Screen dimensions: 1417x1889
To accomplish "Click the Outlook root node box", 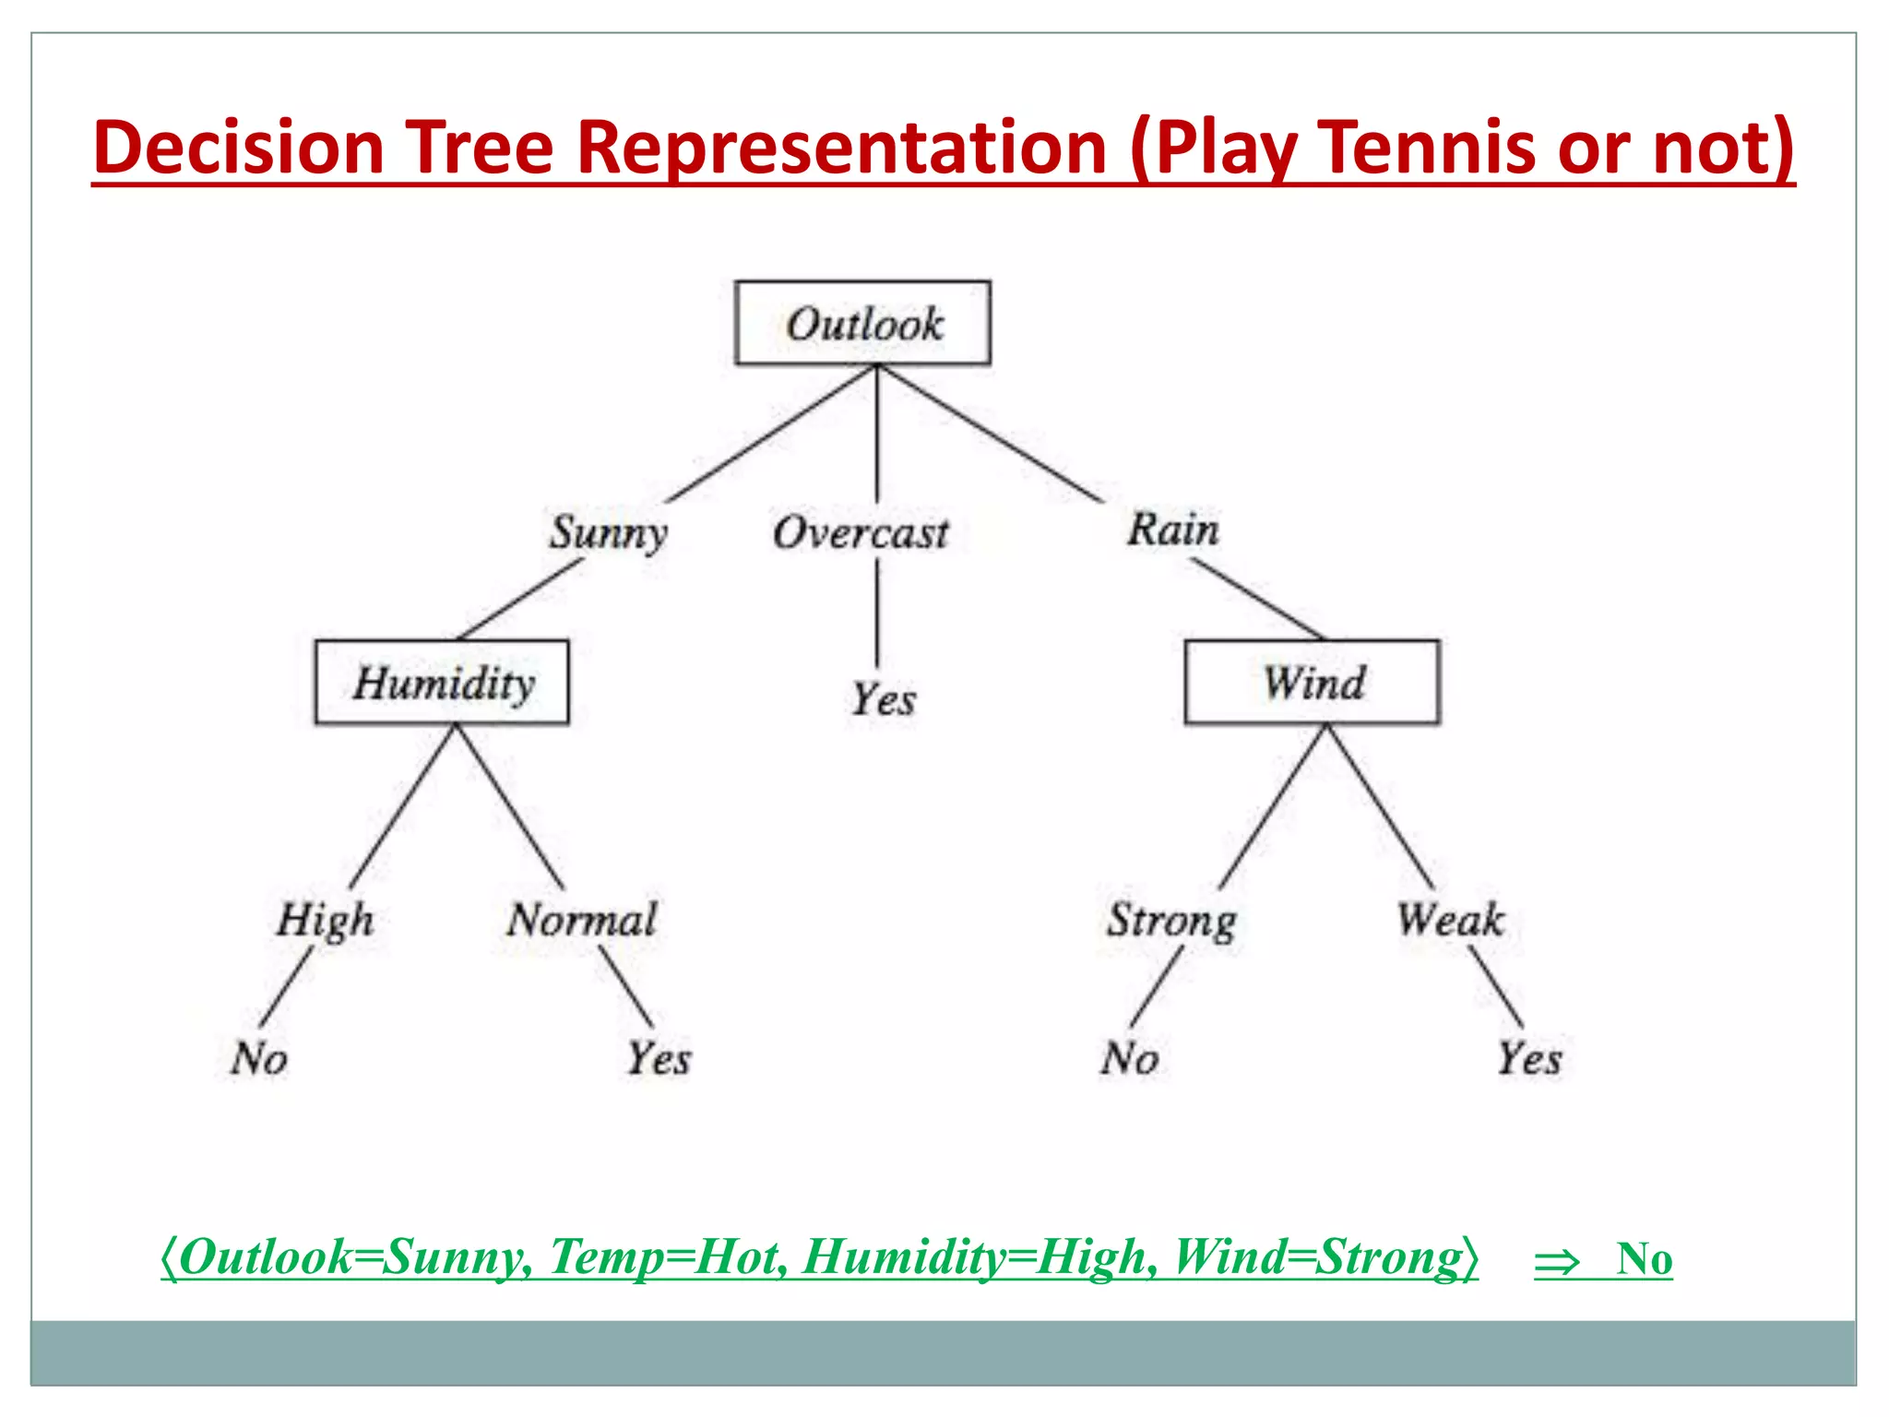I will pos(862,323).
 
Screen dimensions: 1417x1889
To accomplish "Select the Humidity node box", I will pos(442,682).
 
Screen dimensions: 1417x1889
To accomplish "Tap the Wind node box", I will pos(1312,682).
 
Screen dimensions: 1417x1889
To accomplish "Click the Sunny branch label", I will pos(608,532).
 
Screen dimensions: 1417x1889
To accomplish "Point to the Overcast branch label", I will pos(860,532).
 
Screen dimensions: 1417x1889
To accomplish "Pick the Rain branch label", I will pos(1172,530).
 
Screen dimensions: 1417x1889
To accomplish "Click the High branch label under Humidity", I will pos(325,920).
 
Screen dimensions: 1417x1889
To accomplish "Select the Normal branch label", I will pos(582,920).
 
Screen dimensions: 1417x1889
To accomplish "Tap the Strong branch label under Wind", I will pos(1171,920).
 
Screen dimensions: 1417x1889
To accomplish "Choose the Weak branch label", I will pos(1450,920).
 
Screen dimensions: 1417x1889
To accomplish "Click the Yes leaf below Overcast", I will pos(883,699).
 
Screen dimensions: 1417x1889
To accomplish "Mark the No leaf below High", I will pos(259,1057).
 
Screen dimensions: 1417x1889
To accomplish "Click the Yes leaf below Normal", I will pos(659,1057).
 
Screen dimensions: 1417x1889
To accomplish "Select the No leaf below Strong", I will pos(1129,1057).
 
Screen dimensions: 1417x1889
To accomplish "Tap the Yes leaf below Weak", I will pos(1528,1057).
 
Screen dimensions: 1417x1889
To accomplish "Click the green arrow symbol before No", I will pos(1556,1261).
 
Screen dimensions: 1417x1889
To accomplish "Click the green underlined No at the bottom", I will pos(1644,1258).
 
